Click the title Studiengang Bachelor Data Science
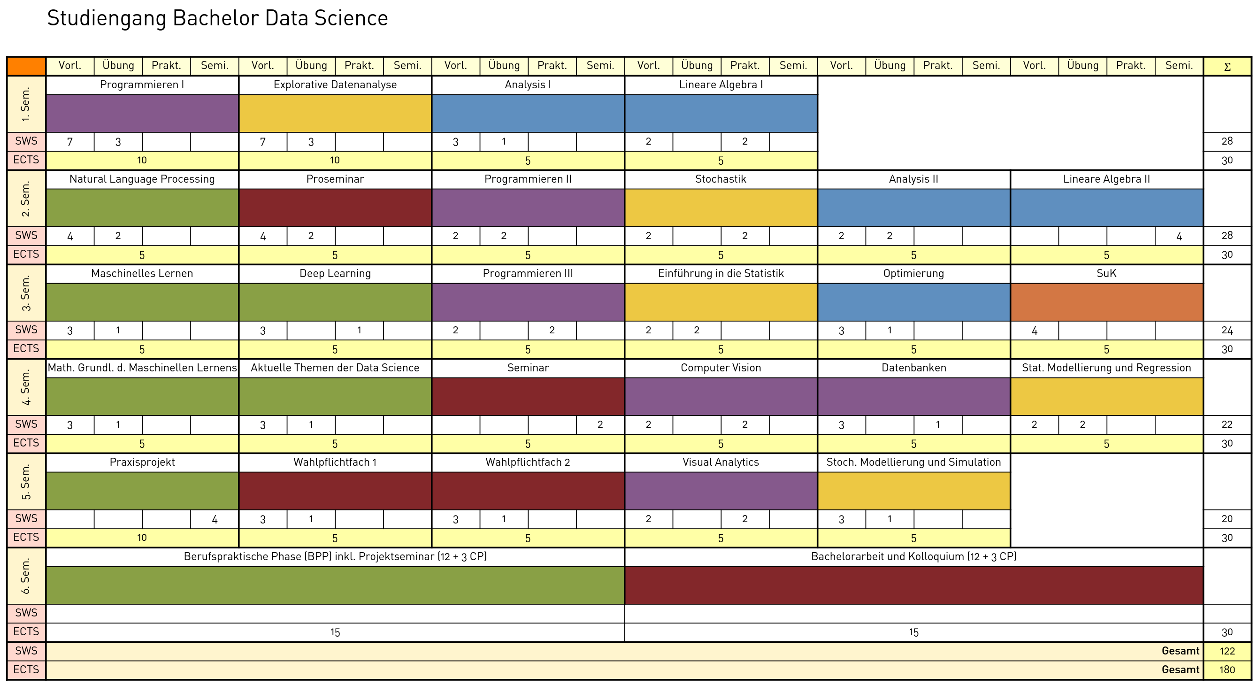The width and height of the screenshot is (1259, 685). (217, 19)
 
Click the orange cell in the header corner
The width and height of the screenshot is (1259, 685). (26, 66)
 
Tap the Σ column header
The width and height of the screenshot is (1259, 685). (1227, 67)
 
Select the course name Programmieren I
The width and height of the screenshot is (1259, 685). (142, 85)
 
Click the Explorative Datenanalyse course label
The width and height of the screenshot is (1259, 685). (335, 85)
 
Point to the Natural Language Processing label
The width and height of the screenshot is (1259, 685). (142, 179)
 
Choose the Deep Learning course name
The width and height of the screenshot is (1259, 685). (335, 273)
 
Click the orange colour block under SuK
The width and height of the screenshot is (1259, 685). (1106, 302)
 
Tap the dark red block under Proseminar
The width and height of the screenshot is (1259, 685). (335, 208)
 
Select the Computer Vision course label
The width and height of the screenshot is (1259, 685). (721, 368)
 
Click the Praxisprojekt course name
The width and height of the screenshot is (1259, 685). (142, 462)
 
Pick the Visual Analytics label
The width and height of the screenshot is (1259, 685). (721, 462)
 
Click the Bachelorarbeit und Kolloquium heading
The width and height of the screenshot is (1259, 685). (914, 556)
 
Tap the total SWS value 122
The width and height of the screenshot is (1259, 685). (1227, 651)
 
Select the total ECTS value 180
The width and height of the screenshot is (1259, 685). (1227, 670)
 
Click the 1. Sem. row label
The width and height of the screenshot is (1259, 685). (26, 104)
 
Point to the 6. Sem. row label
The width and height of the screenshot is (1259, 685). (26, 576)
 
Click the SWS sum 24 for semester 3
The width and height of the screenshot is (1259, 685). (1227, 330)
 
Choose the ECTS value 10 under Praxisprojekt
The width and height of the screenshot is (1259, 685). (142, 538)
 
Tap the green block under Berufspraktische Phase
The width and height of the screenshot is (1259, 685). (335, 585)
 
